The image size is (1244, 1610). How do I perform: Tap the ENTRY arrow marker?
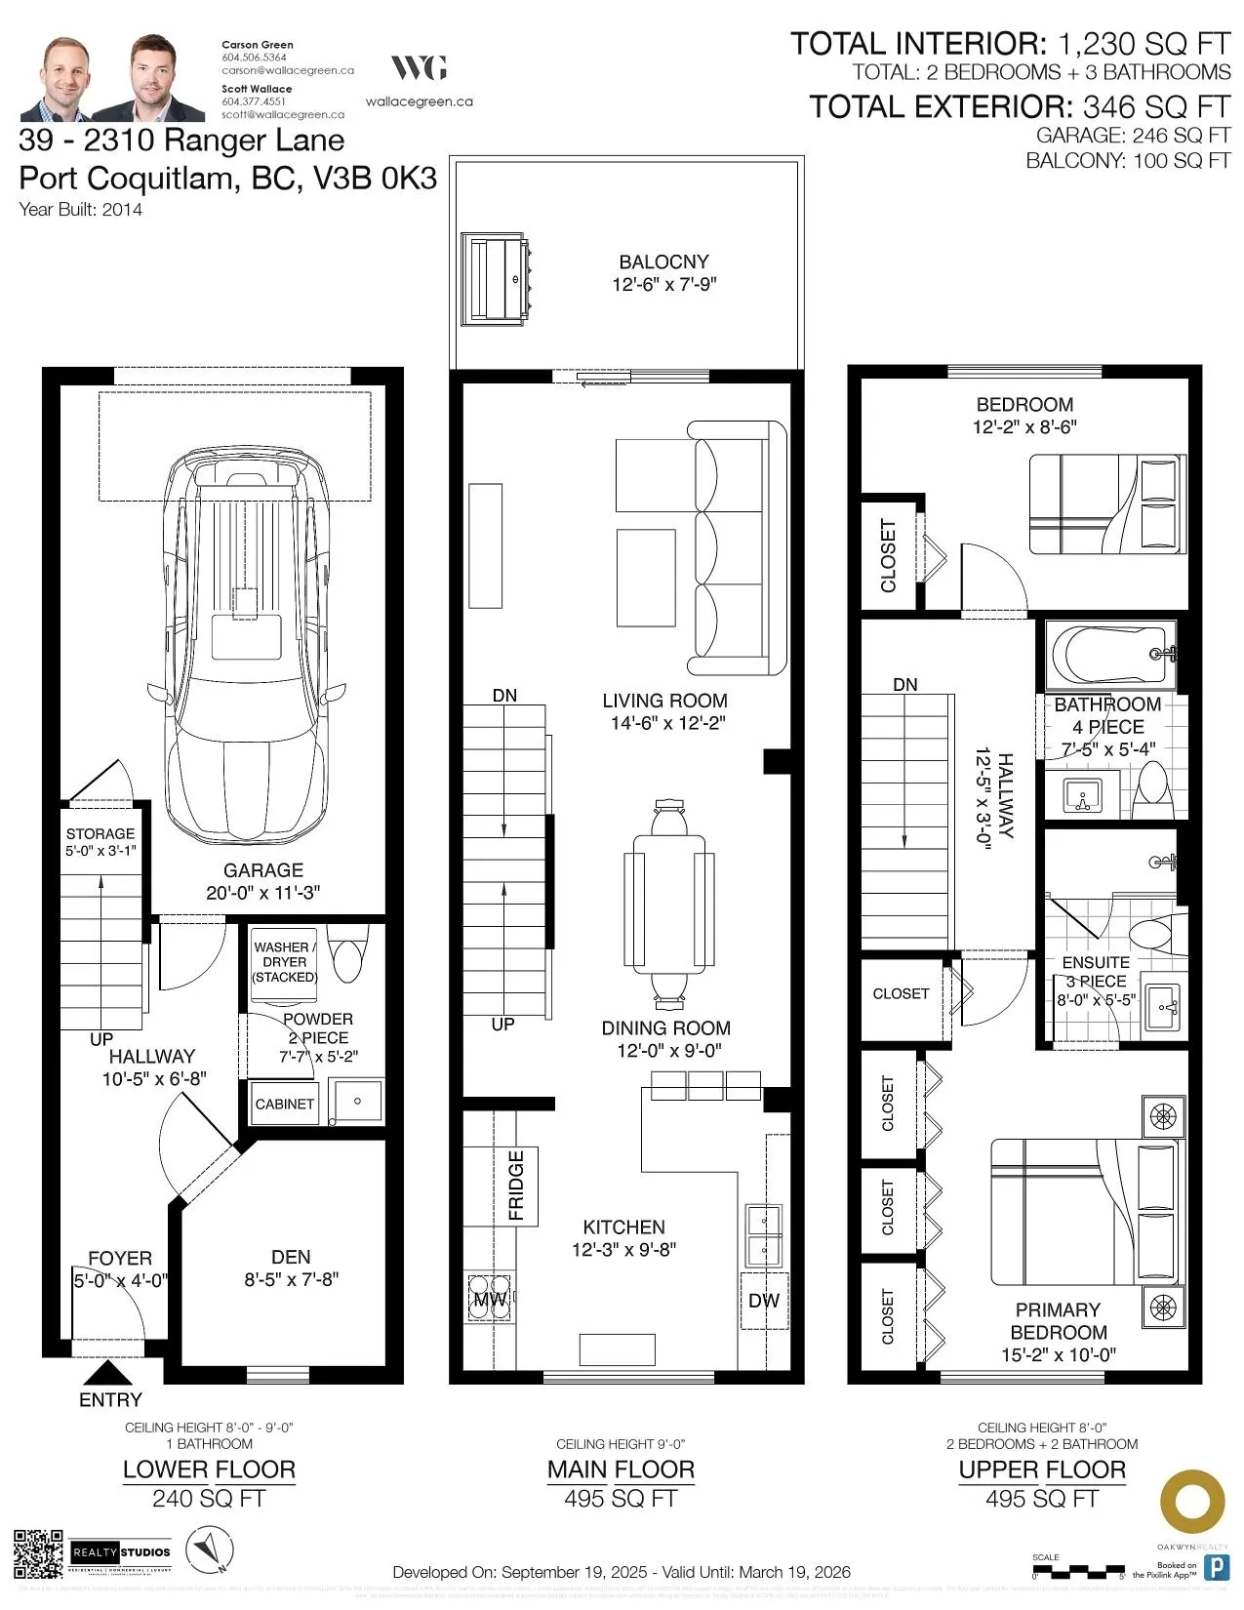tap(109, 1373)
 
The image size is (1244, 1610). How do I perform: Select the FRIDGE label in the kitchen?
tap(516, 1186)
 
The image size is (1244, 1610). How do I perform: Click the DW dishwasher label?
tap(764, 1300)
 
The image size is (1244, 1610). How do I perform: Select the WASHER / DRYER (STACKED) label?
tap(285, 962)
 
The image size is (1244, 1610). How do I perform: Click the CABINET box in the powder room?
tap(284, 1104)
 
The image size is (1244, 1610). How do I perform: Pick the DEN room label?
tap(291, 1257)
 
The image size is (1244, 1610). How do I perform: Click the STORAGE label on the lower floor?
tap(100, 833)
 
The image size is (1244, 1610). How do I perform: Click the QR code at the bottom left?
tap(38, 1553)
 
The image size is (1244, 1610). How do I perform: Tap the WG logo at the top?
tap(420, 67)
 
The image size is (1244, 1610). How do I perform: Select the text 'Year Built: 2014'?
tap(80, 209)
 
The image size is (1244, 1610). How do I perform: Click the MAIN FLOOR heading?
tap(621, 1469)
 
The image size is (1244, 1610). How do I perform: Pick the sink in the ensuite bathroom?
tap(1162, 1002)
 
